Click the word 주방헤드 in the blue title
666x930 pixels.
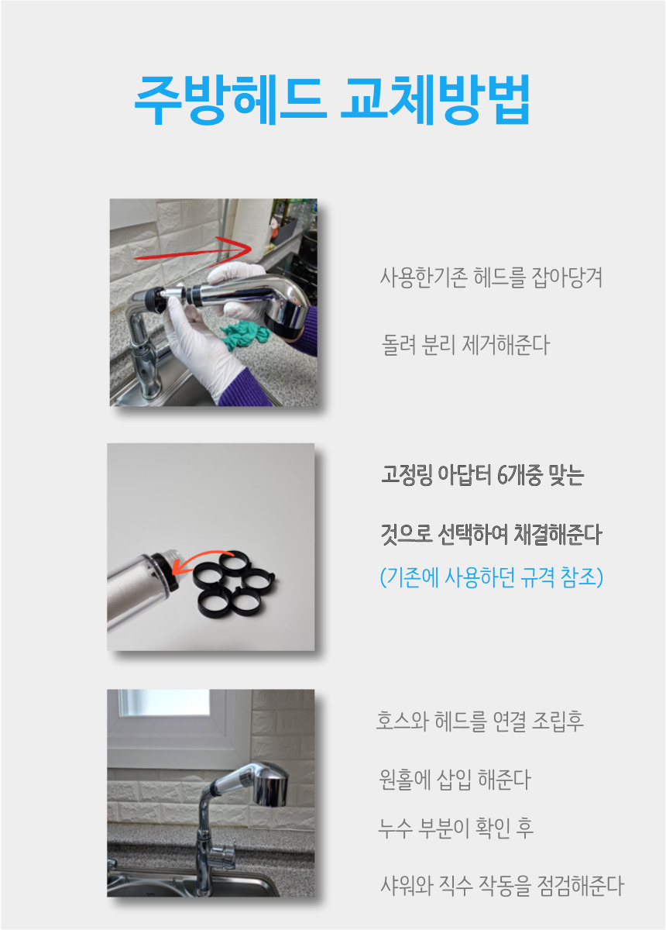coord(231,100)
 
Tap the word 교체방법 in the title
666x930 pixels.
coord(435,100)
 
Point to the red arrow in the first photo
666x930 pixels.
coord(194,251)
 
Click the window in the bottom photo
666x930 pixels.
coord(164,703)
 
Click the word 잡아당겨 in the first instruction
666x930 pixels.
coord(567,277)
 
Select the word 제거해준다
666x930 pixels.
coord(506,346)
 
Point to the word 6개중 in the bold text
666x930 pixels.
coord(520,475)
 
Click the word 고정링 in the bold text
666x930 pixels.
coord(407,475)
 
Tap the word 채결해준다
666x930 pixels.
coord(558,534)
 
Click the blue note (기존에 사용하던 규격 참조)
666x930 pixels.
coord(492,577)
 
